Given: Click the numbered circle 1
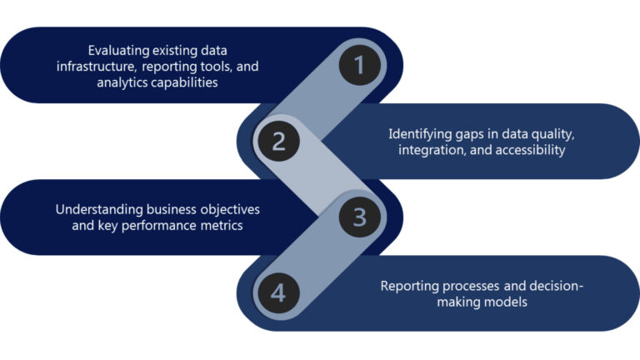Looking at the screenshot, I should coord(360,65).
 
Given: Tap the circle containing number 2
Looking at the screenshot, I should coord(279,141).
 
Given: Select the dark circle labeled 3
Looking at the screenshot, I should coord(359,217).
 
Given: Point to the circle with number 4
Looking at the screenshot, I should coord(279,292).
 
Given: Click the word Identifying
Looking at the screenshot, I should coord(422,133).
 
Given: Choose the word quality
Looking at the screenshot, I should coord(548,133).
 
